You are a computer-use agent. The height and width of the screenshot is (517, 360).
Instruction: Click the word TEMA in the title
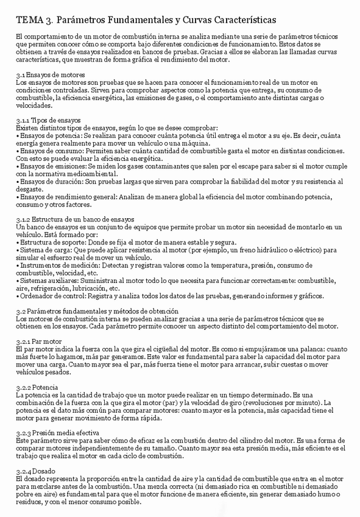tap(28, 21)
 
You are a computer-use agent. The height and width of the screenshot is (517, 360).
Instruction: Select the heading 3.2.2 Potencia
tap(37, 387)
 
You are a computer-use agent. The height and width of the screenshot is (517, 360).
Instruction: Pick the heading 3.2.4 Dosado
tap(36, 471)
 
